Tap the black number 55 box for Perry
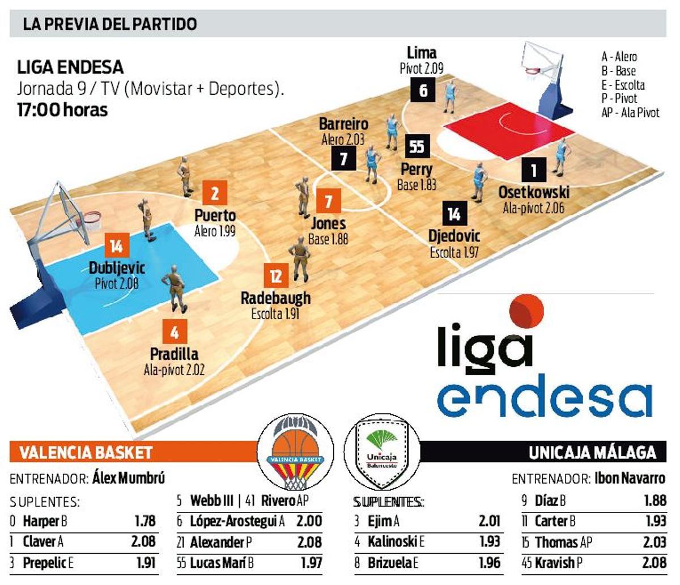click(416, 147)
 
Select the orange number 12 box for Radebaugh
click(276, 276)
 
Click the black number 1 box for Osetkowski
click(533, 169)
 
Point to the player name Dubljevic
click(117, 268)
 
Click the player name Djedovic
click(454, 236)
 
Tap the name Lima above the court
click(422, 53)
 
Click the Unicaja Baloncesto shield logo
click(382, 451)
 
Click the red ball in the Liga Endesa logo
click(527, 313)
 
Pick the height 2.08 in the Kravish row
click(655, 562)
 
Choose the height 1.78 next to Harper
click(144, 520)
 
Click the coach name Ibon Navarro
click(630, 478)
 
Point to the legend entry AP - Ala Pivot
click(630, 113)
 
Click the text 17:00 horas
click(62, 109)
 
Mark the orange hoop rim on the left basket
click(93, 216)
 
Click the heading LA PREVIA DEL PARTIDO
click(110, 24)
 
